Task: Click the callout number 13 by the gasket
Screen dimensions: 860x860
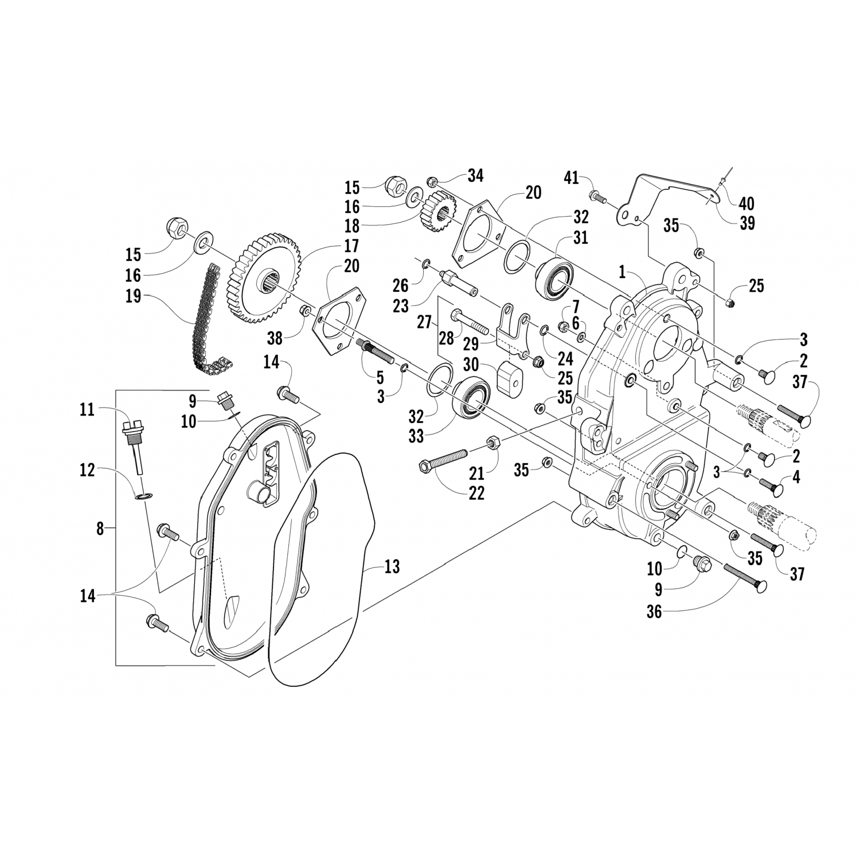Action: (392, 567)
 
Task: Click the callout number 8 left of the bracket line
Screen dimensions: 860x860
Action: (100, 528)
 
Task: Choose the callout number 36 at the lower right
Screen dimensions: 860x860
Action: (654, 611)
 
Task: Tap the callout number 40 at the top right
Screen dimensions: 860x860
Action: (746, 203)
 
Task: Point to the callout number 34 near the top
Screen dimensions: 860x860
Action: (475, 175)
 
